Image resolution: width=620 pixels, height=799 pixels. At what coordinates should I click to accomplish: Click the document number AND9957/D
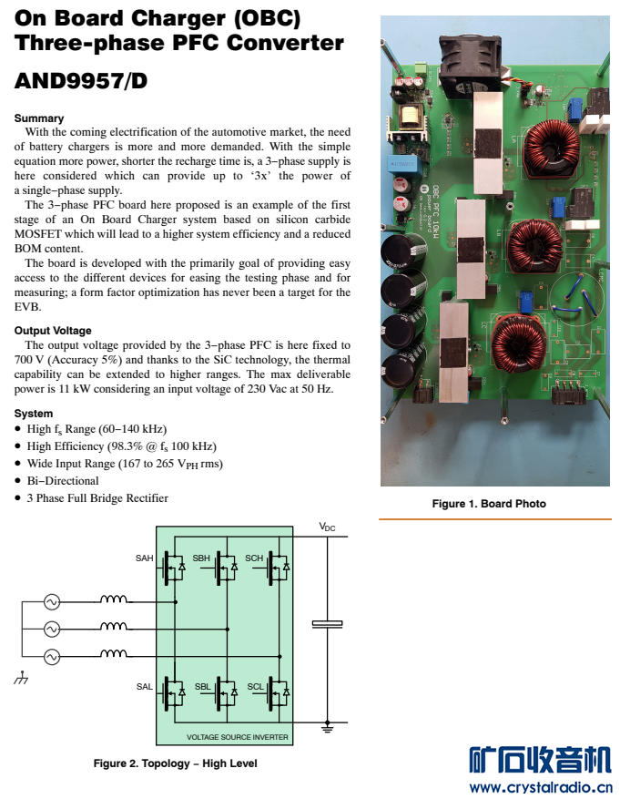coord(80,81)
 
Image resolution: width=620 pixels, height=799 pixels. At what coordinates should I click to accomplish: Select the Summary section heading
coord(39,118)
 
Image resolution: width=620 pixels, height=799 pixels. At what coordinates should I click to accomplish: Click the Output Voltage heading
coord(53,331)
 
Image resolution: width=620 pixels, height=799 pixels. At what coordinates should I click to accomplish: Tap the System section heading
coord(34,414)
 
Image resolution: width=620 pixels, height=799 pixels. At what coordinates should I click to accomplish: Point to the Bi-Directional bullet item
coord(63,481)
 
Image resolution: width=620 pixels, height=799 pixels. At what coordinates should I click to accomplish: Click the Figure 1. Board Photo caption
coord(489,504)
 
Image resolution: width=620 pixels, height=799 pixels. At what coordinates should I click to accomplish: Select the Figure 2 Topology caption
coord(175,763)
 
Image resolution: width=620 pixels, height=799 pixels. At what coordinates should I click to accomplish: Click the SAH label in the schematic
coord(145,558)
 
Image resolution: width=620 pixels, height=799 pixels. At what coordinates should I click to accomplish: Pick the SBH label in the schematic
coord(201,558)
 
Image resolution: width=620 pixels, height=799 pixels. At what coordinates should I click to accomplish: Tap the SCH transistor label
coord(254,558)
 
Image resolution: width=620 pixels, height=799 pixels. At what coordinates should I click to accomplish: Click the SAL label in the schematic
coord(145,687)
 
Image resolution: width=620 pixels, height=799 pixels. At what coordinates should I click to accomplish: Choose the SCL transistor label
coord(255,687)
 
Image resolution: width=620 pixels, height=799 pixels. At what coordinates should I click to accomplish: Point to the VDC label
coord(327,528)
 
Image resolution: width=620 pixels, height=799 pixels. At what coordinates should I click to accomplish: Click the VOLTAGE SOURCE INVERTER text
coord(237,737)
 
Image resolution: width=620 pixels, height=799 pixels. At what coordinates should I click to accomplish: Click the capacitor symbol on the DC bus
coord(327,624)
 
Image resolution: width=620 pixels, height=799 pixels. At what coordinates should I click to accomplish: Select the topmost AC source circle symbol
coord(52,602)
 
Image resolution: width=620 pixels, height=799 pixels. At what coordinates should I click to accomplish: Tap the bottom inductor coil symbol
coord(114,654)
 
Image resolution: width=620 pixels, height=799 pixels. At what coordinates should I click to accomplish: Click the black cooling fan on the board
coord(471,67)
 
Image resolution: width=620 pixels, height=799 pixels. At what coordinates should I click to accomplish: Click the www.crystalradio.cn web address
coord(540,787)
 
